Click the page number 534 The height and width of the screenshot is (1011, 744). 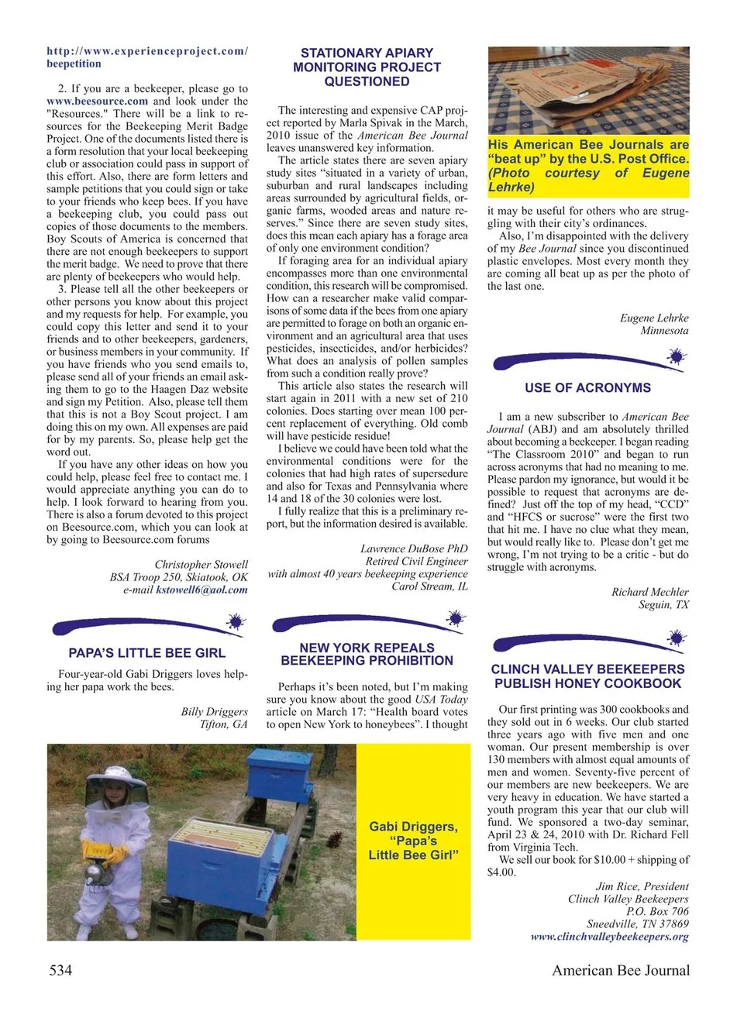pos(60,970)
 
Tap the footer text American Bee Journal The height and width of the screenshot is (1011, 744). pos(620,970)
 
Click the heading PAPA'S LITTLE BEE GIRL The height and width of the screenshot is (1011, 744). pos(147,653)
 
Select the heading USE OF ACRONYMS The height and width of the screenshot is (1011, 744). pos(587,388)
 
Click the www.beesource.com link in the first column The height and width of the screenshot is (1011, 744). pos(97,101)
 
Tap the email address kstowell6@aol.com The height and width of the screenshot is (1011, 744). pos(201,590)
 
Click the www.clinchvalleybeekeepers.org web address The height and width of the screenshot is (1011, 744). pos(609,937)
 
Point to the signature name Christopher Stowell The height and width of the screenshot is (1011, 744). pos(201,564)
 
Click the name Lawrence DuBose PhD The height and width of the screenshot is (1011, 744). pos(414,548)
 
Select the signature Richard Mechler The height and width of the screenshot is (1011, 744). pos(649,592)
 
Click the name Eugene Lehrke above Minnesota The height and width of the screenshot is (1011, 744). pos(653,318)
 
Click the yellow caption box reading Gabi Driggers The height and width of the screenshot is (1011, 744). pos(413,841)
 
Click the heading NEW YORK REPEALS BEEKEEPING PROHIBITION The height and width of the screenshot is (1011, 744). pos(367,654)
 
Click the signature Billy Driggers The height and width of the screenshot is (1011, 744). pos(214,711)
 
